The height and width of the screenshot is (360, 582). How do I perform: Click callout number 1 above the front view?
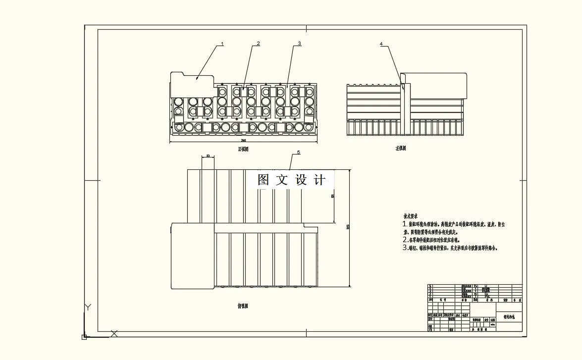[x=222, y=44]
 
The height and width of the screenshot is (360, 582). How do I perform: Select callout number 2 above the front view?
[x=258, y=44]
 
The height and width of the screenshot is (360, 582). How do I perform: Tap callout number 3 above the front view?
[x=299, y=44]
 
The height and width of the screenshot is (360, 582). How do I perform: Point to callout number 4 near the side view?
[x=381, y=44]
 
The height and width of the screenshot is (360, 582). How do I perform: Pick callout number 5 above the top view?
[x=298, y=153]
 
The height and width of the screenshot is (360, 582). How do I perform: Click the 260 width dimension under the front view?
[x=244, y=141]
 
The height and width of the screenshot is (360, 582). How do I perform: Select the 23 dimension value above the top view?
[x=208, y=156]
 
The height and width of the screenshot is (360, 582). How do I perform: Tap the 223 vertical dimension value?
[x=348, y=227]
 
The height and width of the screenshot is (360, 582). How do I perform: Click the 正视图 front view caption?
[x=243, y=149]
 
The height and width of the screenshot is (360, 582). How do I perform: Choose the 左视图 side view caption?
[x=401, y=148]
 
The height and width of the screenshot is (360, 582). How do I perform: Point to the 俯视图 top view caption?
[x=243, y=306]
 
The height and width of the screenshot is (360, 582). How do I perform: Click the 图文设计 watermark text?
[x=292, y=180]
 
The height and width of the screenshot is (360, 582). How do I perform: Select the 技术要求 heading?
[x=411, y=216]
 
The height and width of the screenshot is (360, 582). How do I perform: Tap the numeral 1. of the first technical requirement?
[x=405, y=224]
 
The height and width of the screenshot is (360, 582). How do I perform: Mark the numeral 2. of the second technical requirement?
[x=405, y=240]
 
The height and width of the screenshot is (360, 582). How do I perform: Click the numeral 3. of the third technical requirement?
[x=405, y=248]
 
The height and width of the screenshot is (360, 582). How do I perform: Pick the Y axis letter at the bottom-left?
[x=88, y=307]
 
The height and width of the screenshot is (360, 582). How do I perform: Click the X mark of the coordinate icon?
[x=114, y=333]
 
